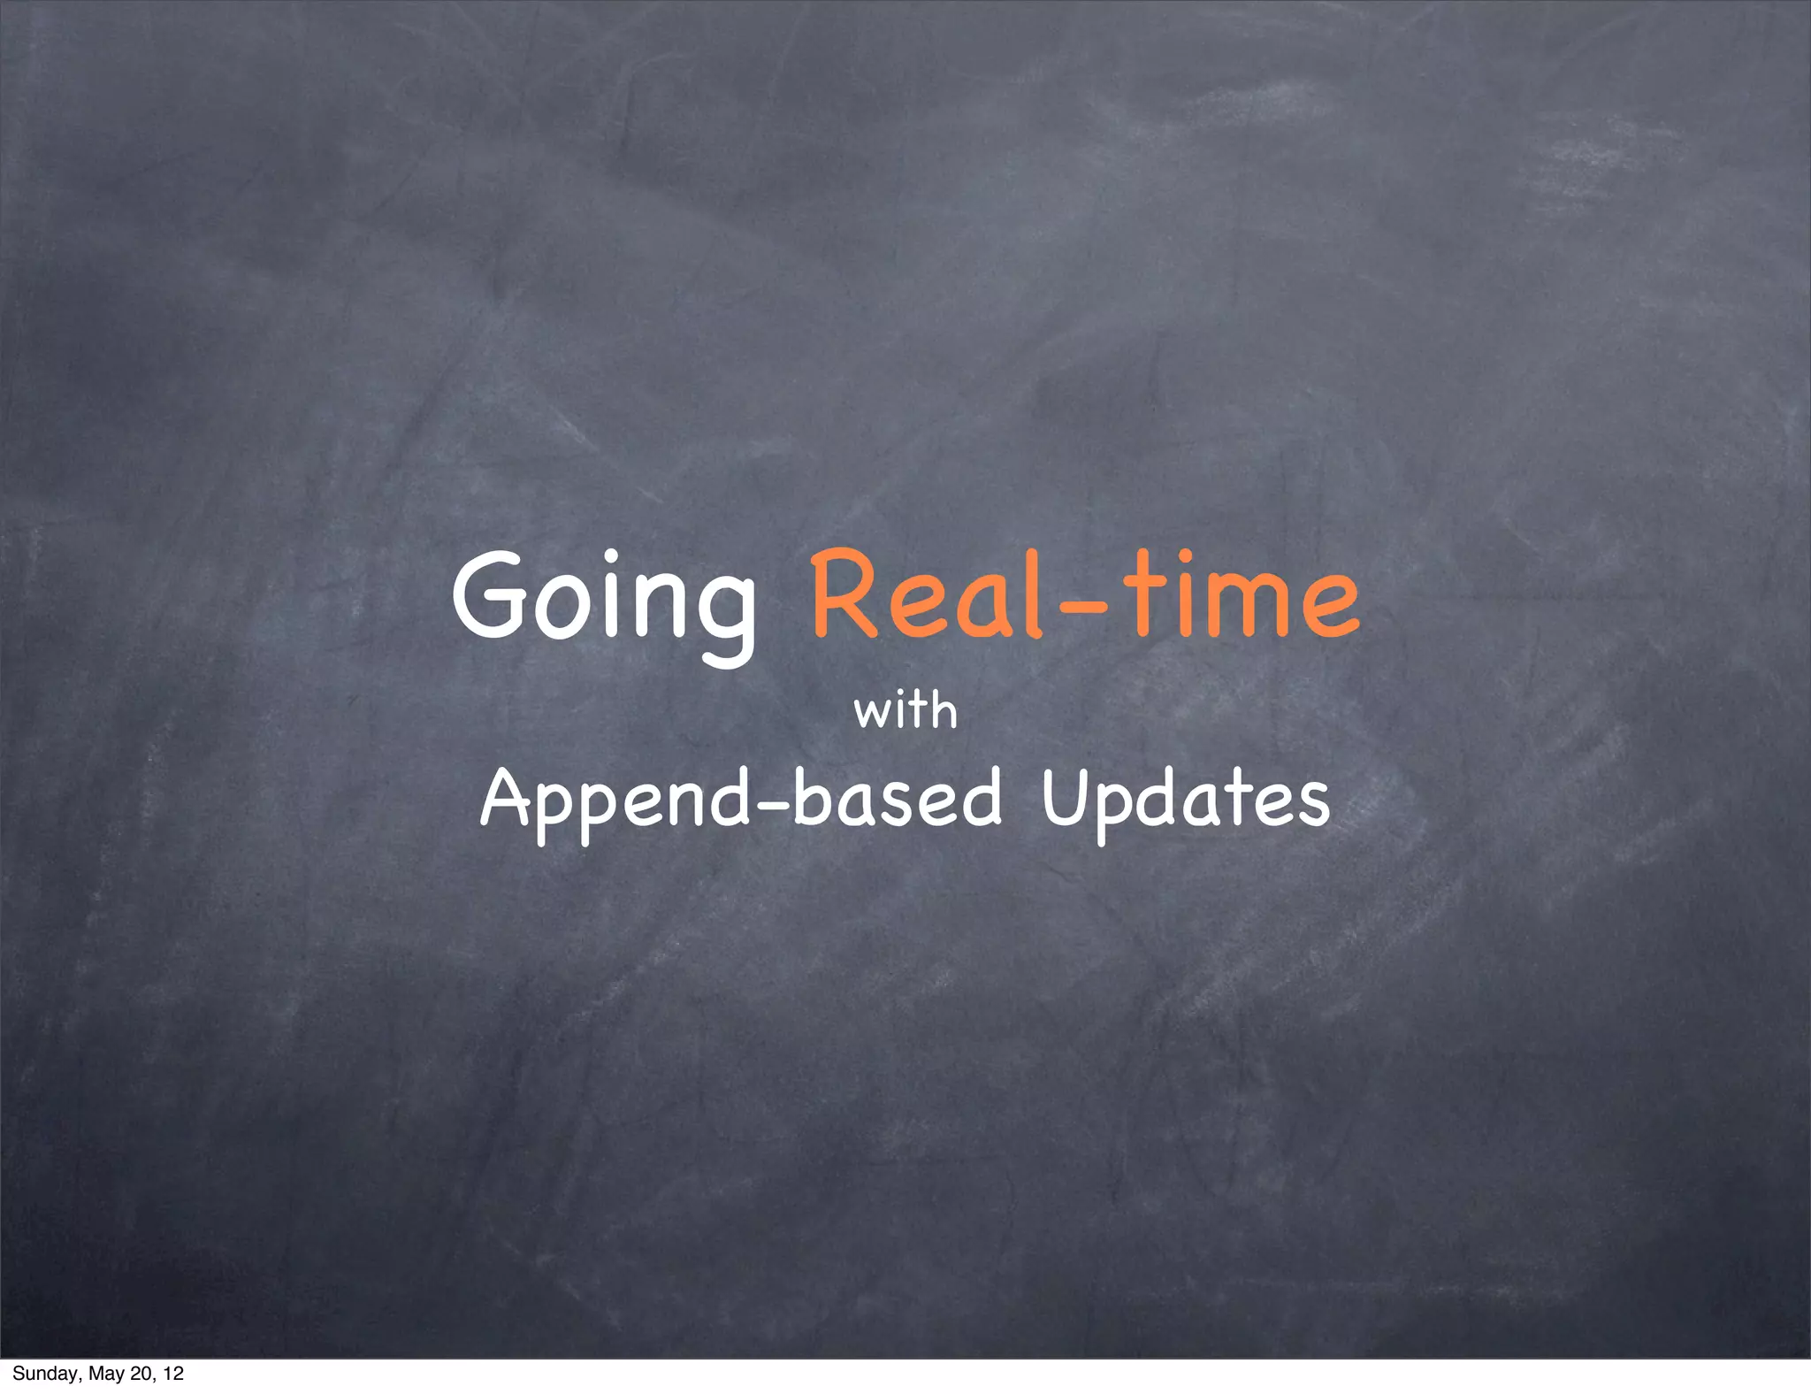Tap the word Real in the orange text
tap(928, 594)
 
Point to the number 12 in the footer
tap(173, 1374)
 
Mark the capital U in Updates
tap(1065, 796)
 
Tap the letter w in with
tap(872, 713)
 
